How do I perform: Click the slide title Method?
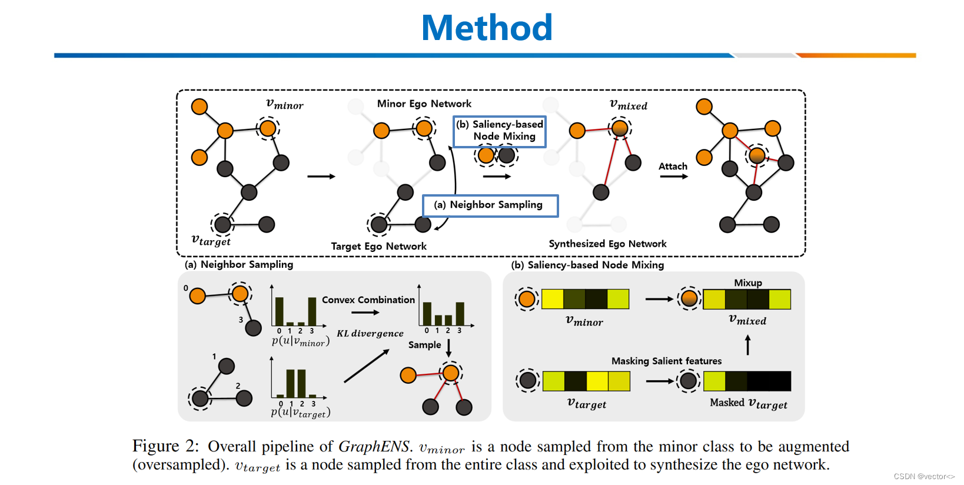tap(487, 28)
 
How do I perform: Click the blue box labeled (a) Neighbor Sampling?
tap(490, 205)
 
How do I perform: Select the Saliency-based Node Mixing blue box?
tap(500, 131)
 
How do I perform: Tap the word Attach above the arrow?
tap(673, 167)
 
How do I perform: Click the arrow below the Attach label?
tap(674, 177)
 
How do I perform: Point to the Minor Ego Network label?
tap(424, 104)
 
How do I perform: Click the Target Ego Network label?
tap(378, 246)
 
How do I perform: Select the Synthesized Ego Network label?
tap(607, 244)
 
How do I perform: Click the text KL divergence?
tap(370, 333)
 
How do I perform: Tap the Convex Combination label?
tap(368, 300)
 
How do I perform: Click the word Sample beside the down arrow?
tap(424, 345)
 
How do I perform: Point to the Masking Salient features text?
tap(666, 361)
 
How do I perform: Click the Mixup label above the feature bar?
tap(747, 283)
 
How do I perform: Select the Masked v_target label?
tap(748, 403)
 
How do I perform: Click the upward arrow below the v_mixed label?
tap(748, 345)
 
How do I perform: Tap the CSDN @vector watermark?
tap(923, 476)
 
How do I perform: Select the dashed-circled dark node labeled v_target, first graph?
tap(222, 224)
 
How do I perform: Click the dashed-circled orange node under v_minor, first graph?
tap(268, 128)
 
